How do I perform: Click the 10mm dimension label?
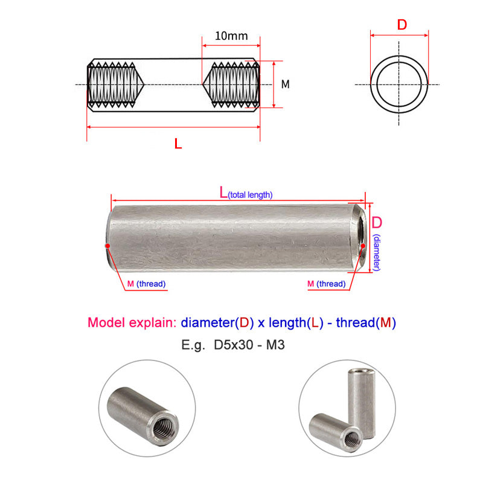click(231, 36)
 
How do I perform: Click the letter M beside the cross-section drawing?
click(286, 85)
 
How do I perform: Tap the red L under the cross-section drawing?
click(177, 144)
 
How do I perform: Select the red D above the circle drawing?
click(401, 25)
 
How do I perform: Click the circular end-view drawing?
click(399, 84)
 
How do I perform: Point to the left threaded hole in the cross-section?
click(115, 85)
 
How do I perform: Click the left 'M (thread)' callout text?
click(146, 284)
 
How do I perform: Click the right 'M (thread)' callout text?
click(326, 284)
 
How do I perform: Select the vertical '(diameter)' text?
click(377, 252)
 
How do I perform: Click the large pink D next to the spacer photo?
click(377, 222)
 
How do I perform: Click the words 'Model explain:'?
click(132, 322)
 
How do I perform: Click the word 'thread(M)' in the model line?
click(365, 322)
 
